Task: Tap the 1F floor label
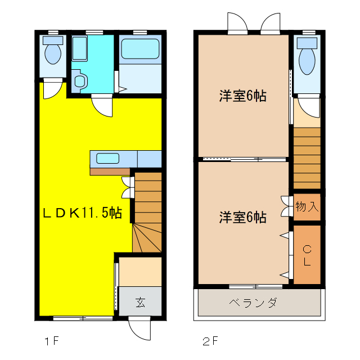tap(52, 341)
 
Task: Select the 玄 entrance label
tap(140, 303)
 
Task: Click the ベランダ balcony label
tap(253, 304)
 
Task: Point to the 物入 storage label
tap(307, 206)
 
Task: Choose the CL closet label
tap(307, 255)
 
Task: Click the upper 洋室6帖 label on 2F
tap(242, 96)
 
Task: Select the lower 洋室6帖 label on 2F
tap(242, 217)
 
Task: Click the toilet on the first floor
tap(53, 53)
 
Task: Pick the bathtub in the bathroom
tap(139, 49)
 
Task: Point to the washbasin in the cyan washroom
tap(79, 82)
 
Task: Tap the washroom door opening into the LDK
tap(103, 105)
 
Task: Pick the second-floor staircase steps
tap(307, 157)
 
